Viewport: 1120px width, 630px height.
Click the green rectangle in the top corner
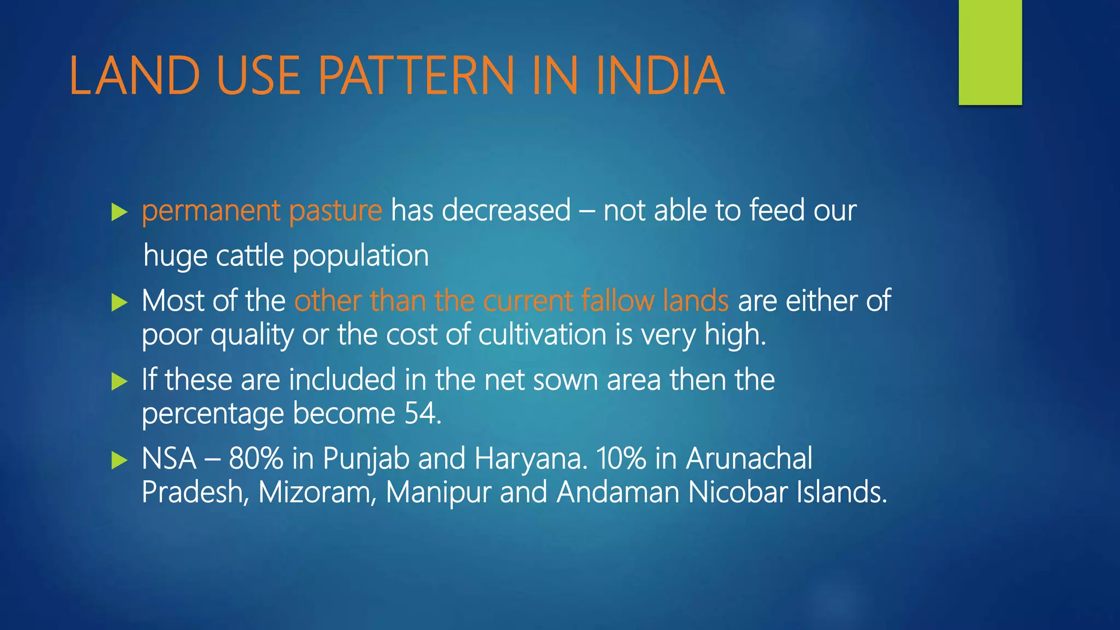coord(990,52)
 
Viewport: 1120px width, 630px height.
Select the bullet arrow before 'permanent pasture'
coord(119,212)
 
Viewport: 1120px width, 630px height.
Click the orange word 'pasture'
coord(335,211)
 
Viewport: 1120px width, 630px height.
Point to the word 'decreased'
coord(506,210)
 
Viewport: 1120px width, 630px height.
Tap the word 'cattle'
coord(250,256)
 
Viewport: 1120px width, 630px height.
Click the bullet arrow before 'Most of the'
coord(119,302)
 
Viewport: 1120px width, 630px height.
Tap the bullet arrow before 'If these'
coord(119,381)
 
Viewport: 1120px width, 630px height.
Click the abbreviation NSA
coord(169,459)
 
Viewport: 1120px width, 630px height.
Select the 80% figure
coord(255,459)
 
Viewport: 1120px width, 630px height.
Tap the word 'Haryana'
coord(530,459)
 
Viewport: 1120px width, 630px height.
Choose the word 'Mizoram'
coord(317,492)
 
